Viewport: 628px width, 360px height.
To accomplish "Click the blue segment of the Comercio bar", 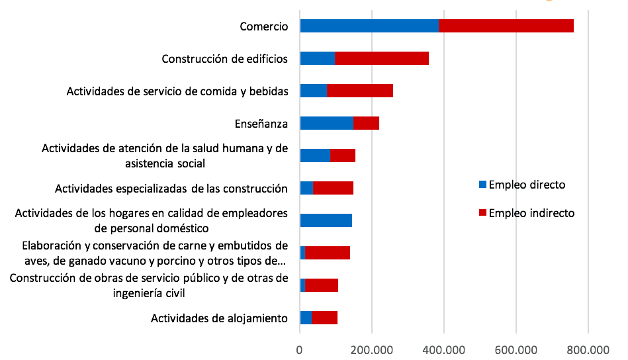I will tap(369, 26).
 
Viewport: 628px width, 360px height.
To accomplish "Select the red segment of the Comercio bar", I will tap(506, 26).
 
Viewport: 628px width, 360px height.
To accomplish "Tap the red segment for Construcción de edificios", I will tap(381, 58).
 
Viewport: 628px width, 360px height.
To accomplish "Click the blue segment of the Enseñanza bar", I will tap(326, 123).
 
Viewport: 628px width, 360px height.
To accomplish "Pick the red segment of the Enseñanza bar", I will tap(366, 123).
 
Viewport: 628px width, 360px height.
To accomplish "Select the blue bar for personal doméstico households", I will tap(326, 220).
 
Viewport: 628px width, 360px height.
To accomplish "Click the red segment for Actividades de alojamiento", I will tap(324, 318).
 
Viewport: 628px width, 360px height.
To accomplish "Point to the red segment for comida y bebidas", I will tap(359, 91).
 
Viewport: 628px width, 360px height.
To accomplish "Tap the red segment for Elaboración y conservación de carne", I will tap(328, 253).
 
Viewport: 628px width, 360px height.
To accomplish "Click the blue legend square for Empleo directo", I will tap(482, 185).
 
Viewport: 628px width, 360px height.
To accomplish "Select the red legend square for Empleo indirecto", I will tap(482, 213).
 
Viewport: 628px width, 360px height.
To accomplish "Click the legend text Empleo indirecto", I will tap(531, 213).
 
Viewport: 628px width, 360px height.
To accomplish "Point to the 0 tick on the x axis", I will tap(300, 349).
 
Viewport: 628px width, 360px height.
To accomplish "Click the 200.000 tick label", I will tap(372, 349).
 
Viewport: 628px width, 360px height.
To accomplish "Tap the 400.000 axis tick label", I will tap(443, 349).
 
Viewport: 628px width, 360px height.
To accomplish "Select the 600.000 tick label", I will tap(516, 349).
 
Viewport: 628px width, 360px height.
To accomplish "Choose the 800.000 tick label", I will tap(587, 349).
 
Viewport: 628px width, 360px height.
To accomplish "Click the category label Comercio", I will tap(263, 26).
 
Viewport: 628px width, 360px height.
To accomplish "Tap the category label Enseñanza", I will tap(261, 123).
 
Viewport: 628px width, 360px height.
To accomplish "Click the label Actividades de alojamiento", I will tap(219, 318).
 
